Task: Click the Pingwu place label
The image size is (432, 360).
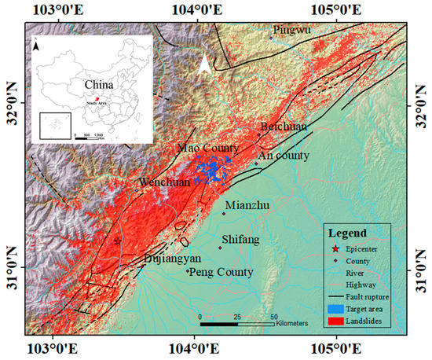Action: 291,29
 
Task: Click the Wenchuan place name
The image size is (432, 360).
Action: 164,182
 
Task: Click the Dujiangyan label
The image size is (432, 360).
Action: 173,258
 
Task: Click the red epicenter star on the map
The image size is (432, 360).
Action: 117,241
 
